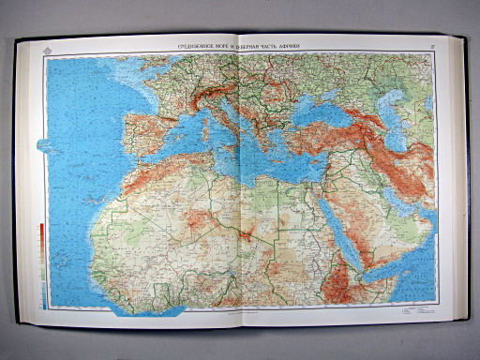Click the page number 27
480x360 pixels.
pos(431,46)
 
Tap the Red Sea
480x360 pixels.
pos(347,225)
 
